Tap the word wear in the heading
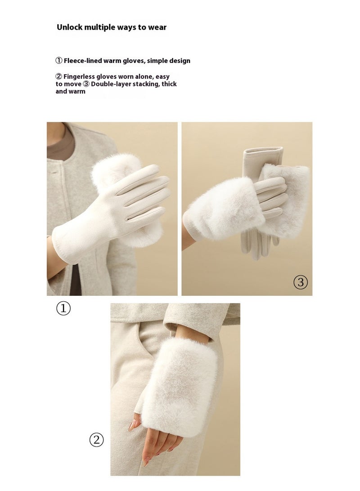coord(157,27)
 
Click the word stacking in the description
coord(148,84)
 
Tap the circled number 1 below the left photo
coord(63,308)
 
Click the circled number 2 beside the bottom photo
coord(96,440)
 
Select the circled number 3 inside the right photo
coord(301,282)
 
